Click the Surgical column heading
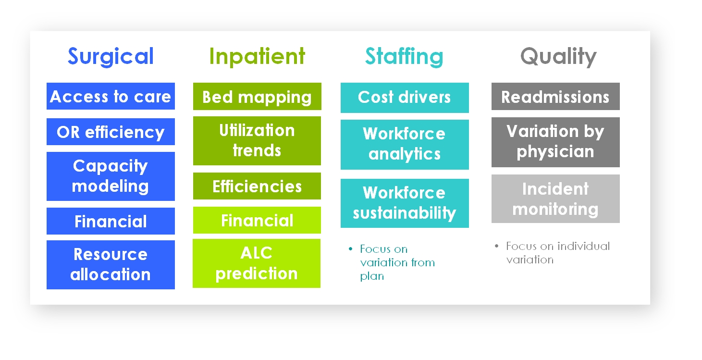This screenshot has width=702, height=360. [x=111, y=56]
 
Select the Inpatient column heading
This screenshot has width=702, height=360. [x=257, y=56]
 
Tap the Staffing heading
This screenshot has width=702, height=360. [x=404, y=56]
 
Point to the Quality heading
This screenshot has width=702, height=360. [x=558, y=56]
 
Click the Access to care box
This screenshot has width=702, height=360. [x=111, y=96]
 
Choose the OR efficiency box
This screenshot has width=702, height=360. [x=111, y=132]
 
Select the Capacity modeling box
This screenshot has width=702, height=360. [x=111, y=176]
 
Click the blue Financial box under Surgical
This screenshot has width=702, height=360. [x=111, y=221]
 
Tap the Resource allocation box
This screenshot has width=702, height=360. [x=111, y=265]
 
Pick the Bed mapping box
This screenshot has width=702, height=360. [x=257, y=96]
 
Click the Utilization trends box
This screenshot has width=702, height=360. [x=257, y=141]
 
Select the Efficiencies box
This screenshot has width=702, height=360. [x=257, y=186]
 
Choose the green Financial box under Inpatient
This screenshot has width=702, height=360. [x=257, y=220]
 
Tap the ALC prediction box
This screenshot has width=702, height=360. [x=257, y=263]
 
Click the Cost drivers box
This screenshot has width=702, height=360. [x=405, y=98]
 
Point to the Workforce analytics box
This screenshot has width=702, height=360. [x=405, y=145]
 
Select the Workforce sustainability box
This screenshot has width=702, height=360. [x=405, y=203]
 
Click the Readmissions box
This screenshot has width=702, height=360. [x=555, y=96]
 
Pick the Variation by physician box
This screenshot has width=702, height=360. [x=555, y=142]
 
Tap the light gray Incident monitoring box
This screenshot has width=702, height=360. [x=555, y=199]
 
